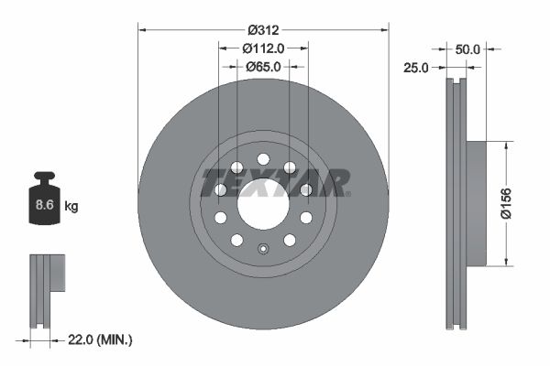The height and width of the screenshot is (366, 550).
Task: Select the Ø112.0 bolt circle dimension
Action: pos(263,48)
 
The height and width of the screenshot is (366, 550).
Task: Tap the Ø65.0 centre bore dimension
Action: pos(263,66)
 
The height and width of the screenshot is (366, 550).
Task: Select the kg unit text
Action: pos(71,207)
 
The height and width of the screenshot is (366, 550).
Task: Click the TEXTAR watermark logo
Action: pos(275,182)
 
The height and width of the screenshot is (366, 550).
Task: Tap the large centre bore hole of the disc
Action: pos(263,203)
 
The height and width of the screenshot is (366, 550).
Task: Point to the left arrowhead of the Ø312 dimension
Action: pos(141,28)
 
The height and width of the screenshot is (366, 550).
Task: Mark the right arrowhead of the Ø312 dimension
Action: pos(385,28)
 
